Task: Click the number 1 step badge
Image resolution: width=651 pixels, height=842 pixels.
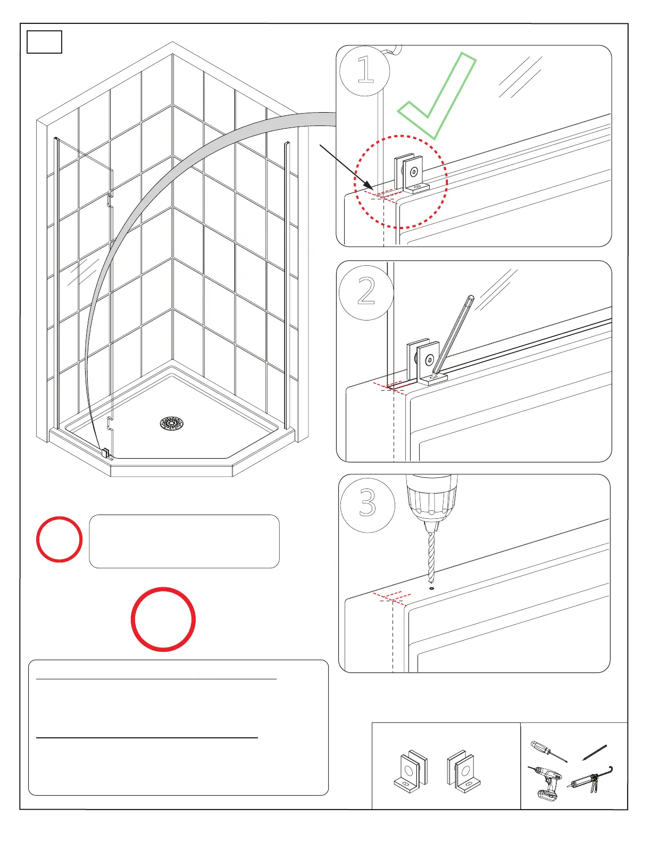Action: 365,70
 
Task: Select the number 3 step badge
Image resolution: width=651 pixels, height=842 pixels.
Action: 367,503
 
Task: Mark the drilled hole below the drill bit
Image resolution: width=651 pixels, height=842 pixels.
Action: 431,588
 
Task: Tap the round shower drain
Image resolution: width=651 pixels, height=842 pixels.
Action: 172,424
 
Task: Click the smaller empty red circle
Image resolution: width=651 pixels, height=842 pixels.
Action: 59,539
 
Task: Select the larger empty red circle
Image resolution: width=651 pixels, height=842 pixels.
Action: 163,619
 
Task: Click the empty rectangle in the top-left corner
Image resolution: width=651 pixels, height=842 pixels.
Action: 44,42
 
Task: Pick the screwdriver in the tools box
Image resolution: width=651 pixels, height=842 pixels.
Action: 548,751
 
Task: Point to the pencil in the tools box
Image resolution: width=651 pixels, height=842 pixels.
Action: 595,752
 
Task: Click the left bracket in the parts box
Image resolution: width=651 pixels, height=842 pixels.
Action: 411,771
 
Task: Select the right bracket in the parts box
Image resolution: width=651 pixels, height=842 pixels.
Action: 463,771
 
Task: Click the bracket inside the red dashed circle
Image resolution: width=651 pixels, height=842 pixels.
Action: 410,174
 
